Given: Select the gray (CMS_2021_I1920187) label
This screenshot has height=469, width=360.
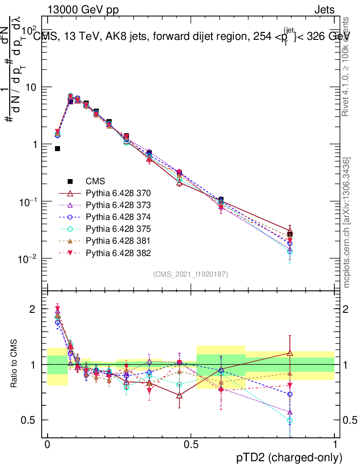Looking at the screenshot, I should point(191,274).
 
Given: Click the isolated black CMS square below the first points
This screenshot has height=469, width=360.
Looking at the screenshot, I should point(57,148).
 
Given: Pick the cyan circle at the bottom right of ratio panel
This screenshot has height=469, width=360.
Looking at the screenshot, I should point(290,420).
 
